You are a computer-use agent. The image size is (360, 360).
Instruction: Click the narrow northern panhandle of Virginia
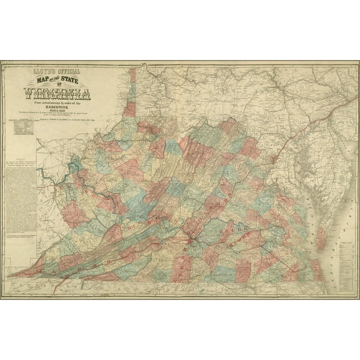(x=131, y=94)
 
